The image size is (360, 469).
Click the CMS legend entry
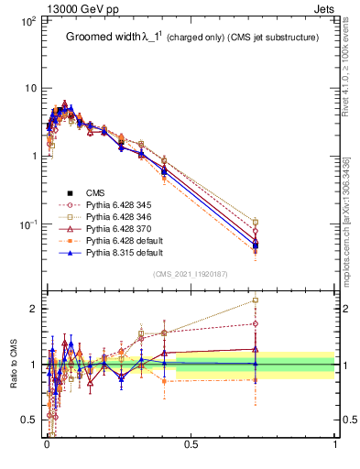[x=95, y=192]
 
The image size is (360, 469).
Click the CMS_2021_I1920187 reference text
[x=190, y=274]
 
